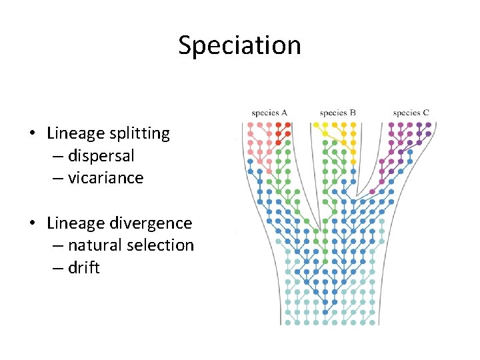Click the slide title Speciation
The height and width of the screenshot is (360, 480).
click(239, 45)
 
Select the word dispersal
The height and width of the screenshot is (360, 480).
click(101, 156)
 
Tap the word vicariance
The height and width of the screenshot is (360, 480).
click(105, 178)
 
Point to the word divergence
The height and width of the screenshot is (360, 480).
click(150, 223)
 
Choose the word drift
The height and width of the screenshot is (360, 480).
click(83, 268)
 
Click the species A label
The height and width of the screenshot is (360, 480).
click(269, 113)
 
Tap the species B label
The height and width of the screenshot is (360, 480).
click(337, 113)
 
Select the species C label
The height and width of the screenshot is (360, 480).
click(411, 113)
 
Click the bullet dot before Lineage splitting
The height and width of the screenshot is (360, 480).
click(32, 134)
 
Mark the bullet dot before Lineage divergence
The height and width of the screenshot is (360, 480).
click(32, 224)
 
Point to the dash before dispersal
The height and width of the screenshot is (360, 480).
click(55, 157)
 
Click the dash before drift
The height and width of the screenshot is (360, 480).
click(55, 269)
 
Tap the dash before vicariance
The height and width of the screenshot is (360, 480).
click(55, 179)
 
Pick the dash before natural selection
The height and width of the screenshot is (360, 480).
click(55, 246)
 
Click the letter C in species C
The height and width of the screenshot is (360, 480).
click(426, 113)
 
